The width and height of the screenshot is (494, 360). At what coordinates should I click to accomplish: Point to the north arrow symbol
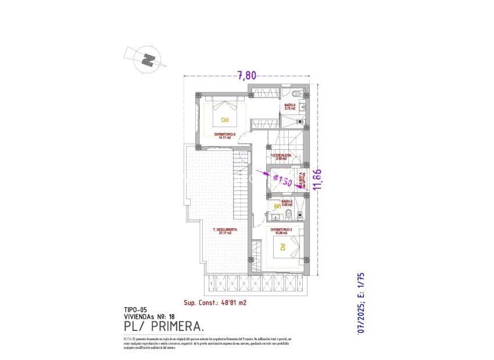(149, 59)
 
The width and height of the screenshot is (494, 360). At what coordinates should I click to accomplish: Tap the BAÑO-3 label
(287, 203)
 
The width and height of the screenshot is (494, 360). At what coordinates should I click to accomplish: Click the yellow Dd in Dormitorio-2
(224, 121)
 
